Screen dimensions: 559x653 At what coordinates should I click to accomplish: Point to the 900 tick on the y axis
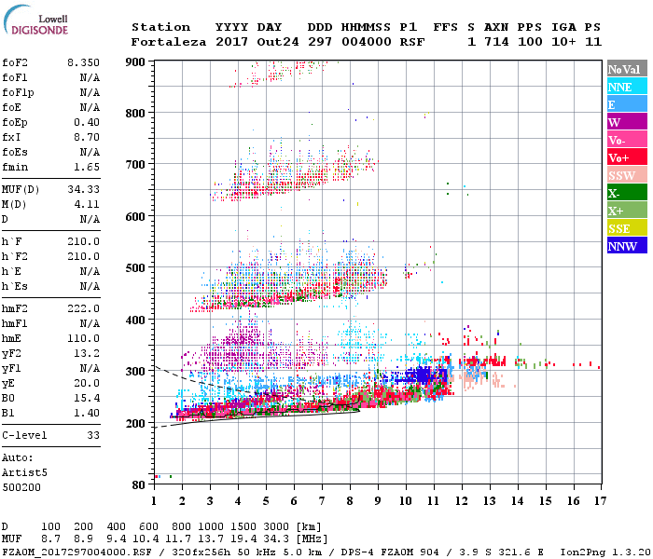pos(136,62)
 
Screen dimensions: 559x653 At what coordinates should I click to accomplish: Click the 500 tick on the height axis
pos(136,268)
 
